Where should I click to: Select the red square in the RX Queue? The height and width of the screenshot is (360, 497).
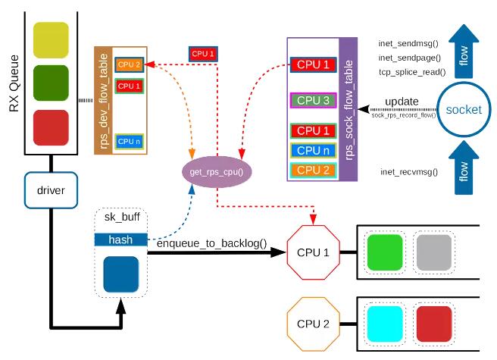(51, 127)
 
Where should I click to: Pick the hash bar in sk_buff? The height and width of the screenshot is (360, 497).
(120, 239)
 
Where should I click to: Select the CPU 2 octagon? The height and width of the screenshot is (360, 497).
(314, 324)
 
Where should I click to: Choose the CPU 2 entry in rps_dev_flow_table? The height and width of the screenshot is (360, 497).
(128, 65)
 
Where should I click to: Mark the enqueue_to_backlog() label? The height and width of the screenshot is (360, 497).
(211, 243)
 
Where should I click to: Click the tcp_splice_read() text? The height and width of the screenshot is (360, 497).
(411, 73)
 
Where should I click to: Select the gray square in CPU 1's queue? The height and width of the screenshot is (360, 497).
(434, 252)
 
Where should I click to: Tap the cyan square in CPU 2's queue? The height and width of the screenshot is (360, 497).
(384, 323)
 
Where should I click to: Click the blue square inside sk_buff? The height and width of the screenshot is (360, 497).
(120, 274)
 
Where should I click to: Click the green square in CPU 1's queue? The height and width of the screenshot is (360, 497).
(384, 252)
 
